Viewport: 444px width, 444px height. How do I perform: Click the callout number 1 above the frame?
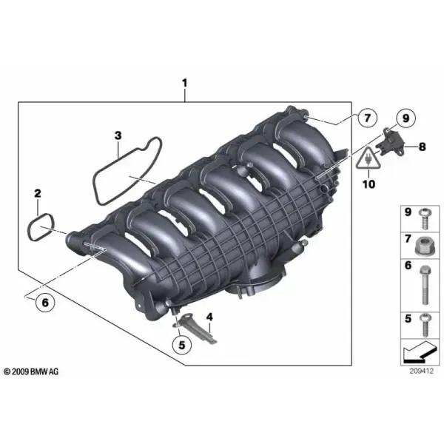click(184, 83)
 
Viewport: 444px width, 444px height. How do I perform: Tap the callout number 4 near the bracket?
click(209, 317)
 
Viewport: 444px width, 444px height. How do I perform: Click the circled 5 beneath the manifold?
click(182, 345)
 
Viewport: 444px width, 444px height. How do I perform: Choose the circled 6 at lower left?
click(45, 303)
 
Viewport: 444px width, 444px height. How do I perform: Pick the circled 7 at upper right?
click(367, 118)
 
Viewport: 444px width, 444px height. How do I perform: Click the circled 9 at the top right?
click(406, 118)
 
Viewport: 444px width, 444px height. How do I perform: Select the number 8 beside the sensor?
click(423, 147)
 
